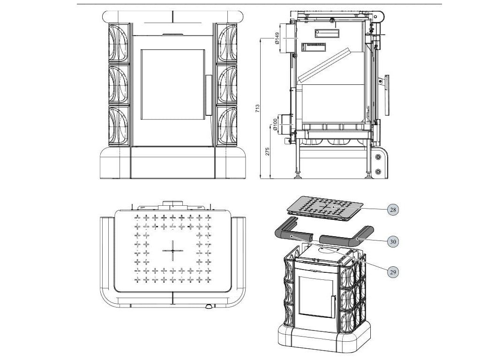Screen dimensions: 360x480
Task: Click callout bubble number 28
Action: (x=393, y=210)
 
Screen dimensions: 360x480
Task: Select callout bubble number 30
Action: (x=393, y=241)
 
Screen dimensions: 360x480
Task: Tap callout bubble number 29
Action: (x=393, y=271)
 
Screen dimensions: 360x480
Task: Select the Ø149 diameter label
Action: (x=277, y=38)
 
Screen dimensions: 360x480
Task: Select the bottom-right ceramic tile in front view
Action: (x=227, y=126)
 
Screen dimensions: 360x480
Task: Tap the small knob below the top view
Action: (x=207, y=307)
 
